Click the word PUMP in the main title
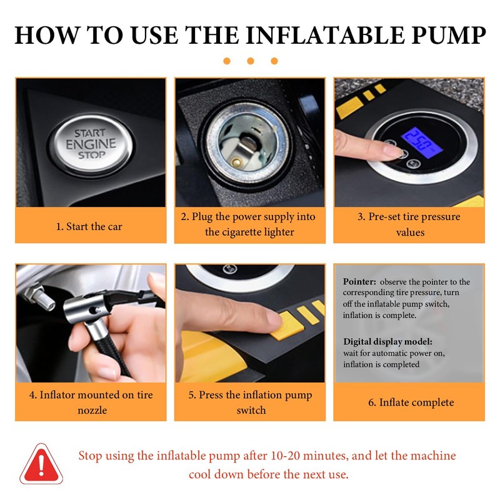pyautogui.click(x=449, y=35)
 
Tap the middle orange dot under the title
pyautogui.click(x=251, y=61)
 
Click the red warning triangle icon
pyautogui.click(x=41, y=464)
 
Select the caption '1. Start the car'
pyautogui.click(x=89, y=226)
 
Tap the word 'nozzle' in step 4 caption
pyautogui.click(x=92, y=410)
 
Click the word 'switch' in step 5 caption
pyautogui.click(x=251, y=410)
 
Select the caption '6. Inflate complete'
pyautogui.click(x=411, y=402)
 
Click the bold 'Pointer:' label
pyautogui.click(x=359, y=282)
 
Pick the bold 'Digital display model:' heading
pyautogui.click(x=387, y=341)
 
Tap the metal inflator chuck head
pyautogui.click(x=85, y=306)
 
